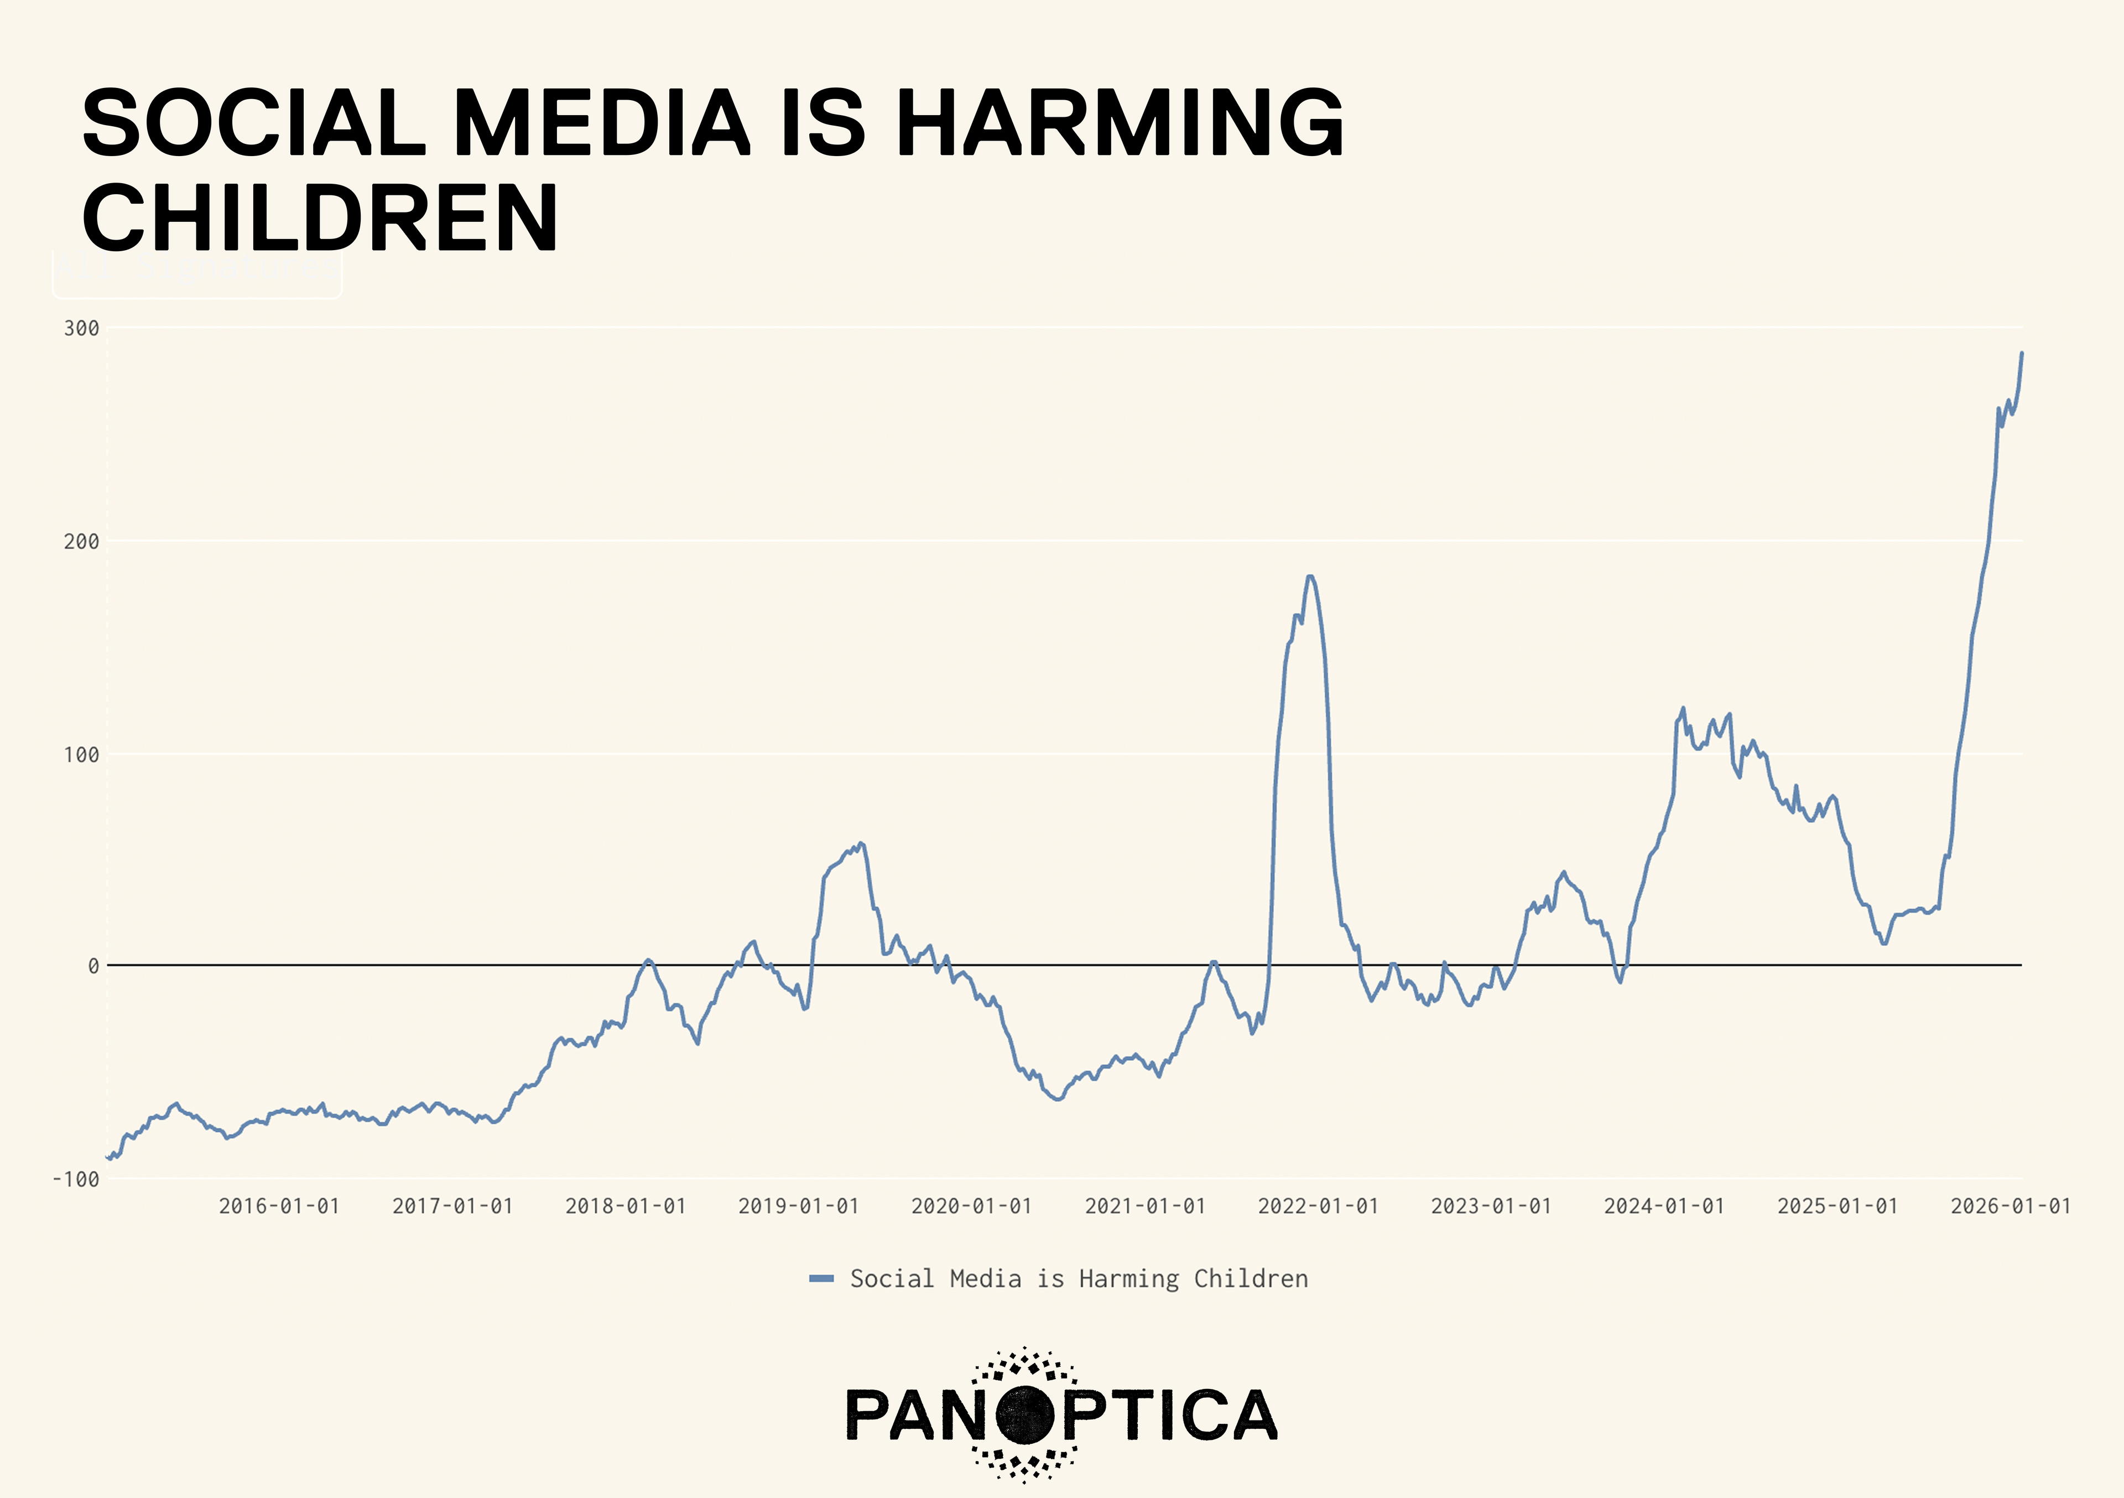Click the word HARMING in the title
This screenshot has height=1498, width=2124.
[x=1120, y=122]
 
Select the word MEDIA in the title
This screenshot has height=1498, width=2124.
[x=601, y=122]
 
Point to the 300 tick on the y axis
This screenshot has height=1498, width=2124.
[x=81, y=329]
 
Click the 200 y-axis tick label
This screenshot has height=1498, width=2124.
[x=81, y=541]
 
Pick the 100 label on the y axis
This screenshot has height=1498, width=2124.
[x=81, y=754]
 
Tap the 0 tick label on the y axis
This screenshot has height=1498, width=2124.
[x=93, y=966]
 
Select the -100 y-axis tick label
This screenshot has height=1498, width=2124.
[x=76, y=1179]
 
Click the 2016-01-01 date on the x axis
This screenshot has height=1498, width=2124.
[x=279, y=1206]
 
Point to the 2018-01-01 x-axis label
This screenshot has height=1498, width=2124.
[x=626, y=1206]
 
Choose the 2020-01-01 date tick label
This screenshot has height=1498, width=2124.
[x=971, y=1206]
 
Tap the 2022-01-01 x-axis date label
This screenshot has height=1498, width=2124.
[x=1318, y=1206]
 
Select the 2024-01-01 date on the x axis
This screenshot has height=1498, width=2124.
[x=1664, y=1206]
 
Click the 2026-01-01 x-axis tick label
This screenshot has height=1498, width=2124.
[x=2010, y=1206]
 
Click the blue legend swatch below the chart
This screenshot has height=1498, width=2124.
[x=821, y=1279]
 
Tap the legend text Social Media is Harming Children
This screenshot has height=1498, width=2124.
[x=1079, y=1279]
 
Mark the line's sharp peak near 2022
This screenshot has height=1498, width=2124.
[x=1310, y=577]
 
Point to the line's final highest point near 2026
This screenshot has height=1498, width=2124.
[x=2021, y=353]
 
